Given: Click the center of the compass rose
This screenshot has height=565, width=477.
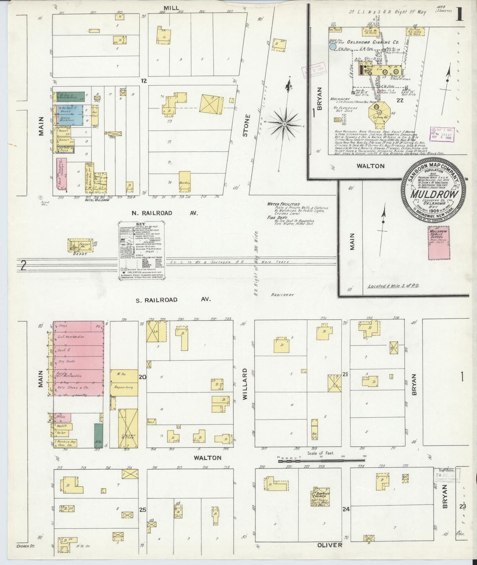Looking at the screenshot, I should (284, 124).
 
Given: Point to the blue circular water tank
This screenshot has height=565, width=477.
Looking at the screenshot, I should (333, 47).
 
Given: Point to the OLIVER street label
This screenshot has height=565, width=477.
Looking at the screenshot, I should (329, 545).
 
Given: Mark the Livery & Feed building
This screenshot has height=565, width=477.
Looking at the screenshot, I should (128, 428).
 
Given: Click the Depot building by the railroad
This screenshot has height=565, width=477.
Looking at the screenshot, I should (81, 245).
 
